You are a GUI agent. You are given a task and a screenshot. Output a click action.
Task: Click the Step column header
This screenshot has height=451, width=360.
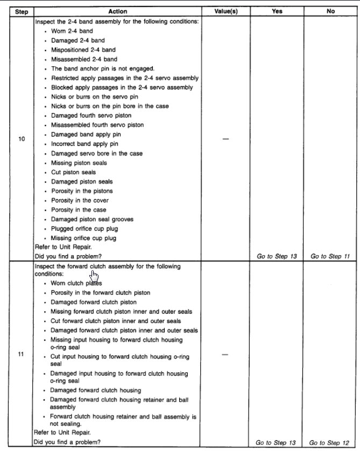pyautogui.click(x=21, y=11)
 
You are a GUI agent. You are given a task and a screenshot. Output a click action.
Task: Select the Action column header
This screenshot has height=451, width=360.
pyautogui.click(x=117, y=11)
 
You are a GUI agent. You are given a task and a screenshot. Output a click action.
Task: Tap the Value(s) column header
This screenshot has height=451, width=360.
pyautogui.click(x=225, y=11)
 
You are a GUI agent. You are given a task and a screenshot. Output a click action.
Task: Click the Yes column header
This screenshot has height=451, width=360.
pyautogui.click(x=277, y=11)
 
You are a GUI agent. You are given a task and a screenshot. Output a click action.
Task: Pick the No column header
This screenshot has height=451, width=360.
pyautogui.click(x=330, y=11)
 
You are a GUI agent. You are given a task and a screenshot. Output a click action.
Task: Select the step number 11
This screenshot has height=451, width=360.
pyautogui.click(x=22, y=355)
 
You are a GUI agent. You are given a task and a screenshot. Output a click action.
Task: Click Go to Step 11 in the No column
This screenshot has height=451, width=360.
pyautogui.click(x=330, y=256)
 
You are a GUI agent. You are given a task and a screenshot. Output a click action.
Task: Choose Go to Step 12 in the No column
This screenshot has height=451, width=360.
pyautogui.click(x=330, y=442)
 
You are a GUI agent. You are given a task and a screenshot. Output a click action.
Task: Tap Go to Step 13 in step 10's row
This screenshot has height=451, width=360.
pyautogui.click(x=277, y=256)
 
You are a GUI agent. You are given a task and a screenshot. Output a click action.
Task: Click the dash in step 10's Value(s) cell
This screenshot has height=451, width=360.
pyautogui.click(x=225, y=139)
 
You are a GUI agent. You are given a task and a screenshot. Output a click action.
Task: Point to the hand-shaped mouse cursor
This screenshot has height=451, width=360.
pyautogui.click(x=94, y=276)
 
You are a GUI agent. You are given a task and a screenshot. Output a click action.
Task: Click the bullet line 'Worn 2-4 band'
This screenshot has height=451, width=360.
pyautogui.click(x=72, y=31)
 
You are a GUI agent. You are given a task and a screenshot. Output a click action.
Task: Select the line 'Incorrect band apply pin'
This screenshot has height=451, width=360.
pyautogui.click(x=84, y=144)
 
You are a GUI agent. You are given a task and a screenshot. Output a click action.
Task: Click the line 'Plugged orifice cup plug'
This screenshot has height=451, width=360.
pyautogui.click(x=83, y=229)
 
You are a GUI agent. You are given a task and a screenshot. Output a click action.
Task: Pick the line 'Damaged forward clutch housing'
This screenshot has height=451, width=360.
pyautogui.click(x=96, y=390)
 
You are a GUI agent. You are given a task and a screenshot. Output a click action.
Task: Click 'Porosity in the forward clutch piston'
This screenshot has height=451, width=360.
pyautogui.click(x=101, y=293)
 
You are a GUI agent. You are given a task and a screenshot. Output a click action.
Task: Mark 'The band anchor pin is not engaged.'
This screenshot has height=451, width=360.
pyautogui.click(x=103, y=69)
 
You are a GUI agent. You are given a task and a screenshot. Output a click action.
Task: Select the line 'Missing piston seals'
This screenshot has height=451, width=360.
pyautogui.click(x=79, y=163)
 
